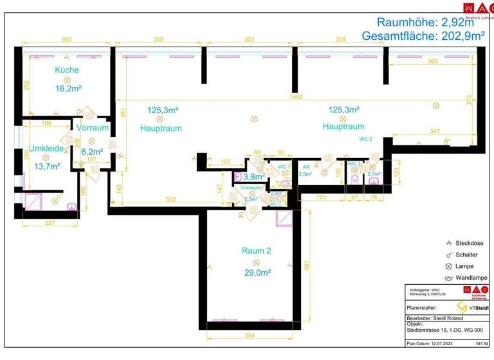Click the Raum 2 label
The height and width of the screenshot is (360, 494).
pos(256,251)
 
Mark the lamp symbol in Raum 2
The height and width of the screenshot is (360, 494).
pos(256,262)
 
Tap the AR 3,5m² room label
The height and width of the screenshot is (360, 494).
pos(306,170)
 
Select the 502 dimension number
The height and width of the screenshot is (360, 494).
pos(170,200)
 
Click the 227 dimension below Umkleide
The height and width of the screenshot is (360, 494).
pos(51,224)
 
